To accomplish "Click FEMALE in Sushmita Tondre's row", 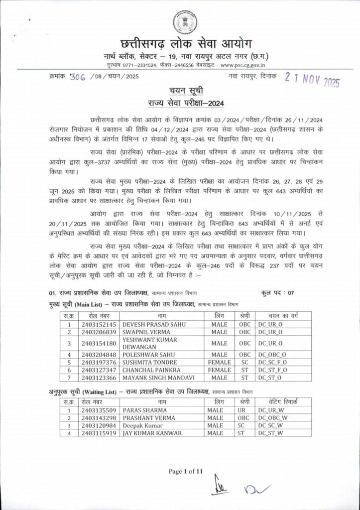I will (219, 362).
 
